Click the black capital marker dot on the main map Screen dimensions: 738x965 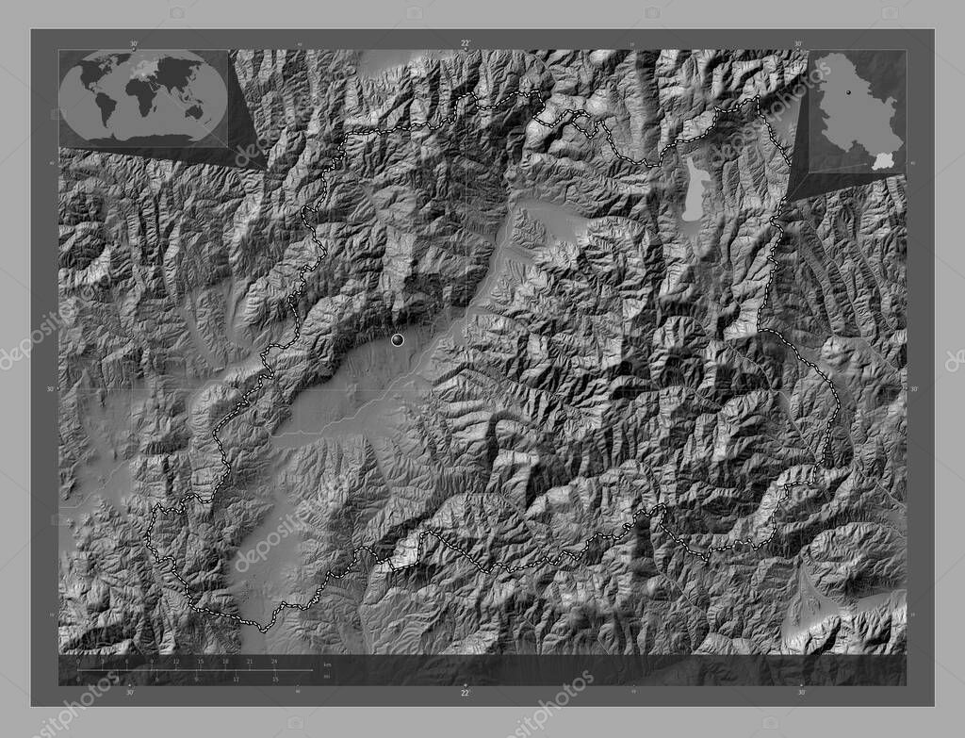(398, 340)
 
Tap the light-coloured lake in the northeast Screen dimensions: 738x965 (695, 189)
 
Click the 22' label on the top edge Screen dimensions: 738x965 (466, 43)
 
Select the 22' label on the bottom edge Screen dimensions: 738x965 (466, 693)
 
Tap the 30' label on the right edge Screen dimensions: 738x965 (913, 388)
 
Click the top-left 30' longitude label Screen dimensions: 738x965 (133, 43)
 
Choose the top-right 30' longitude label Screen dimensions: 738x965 (798, 43)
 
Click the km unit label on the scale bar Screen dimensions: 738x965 (327, 664)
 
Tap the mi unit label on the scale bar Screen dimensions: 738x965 (327, 678)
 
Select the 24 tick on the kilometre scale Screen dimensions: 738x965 (274, 662)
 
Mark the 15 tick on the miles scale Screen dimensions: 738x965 (274, 679)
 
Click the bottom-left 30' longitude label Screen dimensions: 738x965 (130, 693)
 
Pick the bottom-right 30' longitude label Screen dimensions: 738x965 (801, 693)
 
